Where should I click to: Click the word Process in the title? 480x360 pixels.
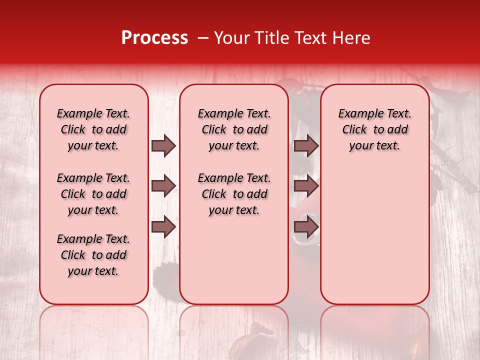point(154,38)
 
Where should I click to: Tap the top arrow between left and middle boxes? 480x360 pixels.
point(163,146)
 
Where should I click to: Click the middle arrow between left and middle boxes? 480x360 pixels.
point(163,186)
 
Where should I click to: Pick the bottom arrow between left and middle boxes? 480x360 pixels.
point(163,227)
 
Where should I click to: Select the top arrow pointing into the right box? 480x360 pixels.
point(306,146)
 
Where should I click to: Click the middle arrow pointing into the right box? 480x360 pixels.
point(306,186)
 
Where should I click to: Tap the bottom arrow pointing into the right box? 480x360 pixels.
point(306,227)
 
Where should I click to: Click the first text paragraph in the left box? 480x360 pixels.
point(93,129)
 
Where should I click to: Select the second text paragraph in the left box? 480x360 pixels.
point(93,194)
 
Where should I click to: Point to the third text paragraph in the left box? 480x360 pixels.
point(93,255)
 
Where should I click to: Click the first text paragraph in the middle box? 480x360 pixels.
point(234,129)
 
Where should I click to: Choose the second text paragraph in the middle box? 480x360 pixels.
point(234,194)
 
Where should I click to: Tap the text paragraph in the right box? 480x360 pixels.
point(375,129)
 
